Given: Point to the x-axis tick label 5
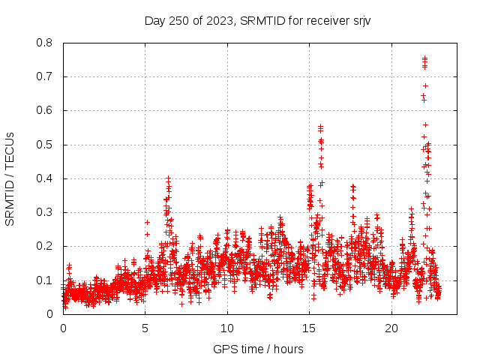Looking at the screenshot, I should point(145,328).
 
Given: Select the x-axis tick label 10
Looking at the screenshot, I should point(227,328).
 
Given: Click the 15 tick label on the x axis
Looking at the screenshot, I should point(309,328).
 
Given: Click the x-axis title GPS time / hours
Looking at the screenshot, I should point(257,349).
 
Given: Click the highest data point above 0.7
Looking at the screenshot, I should point(424,58).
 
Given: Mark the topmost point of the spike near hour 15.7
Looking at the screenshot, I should point(320,127).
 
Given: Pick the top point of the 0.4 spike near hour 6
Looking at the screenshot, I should point(168,178).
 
